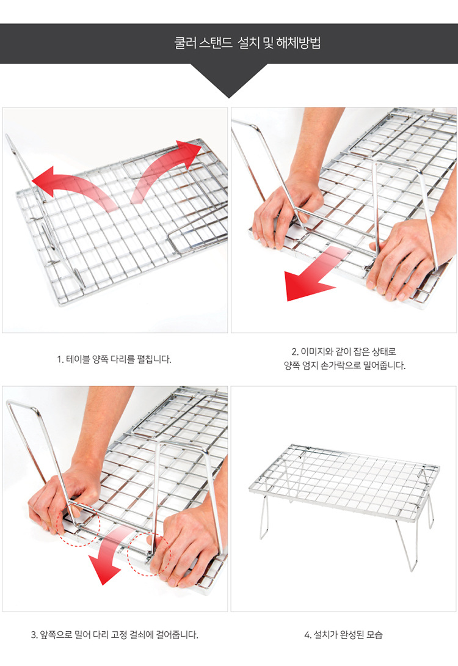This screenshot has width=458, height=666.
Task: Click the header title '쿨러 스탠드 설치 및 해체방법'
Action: (247, 43)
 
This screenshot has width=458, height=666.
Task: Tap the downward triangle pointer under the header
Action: (229, 81)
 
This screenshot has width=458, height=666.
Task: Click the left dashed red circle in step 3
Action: (78, 525)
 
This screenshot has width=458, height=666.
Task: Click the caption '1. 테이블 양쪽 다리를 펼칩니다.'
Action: (114, 359)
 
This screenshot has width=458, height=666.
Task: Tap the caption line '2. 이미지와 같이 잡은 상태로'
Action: (344, 352)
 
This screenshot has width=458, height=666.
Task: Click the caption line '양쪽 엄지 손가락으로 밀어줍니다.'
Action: (344, 366)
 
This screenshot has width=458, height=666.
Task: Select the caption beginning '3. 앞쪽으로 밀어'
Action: (115, 635)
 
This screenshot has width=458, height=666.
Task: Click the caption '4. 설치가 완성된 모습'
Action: (343, 635)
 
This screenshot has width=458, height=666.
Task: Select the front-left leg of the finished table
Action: (264, 518)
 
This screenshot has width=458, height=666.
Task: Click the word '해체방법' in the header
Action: (299, 43)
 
